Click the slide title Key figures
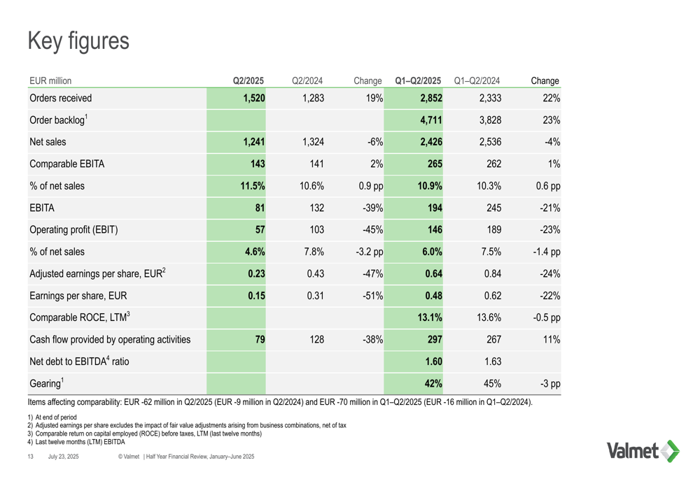click(78, 41)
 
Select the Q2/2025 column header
click(248, 80)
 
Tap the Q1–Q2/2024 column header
click(477, 80)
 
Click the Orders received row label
click(61, 98)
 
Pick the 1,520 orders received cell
click(254, 98)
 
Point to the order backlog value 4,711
click(430, 120)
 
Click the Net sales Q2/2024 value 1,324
click(313, 142)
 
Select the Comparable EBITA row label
click(67, 164)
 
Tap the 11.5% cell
click(253, 186)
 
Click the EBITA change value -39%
click(373, 208)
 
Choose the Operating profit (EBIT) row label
click(73, 229)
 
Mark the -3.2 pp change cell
click(370, 252)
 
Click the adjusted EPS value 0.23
click(257, 273)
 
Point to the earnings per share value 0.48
click(433, 296)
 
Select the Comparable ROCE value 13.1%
click(430, 317)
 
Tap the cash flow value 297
click(435, 339)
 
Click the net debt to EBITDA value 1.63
click(493, 362)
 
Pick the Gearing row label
click(46, 383)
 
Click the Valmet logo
click(643, 451)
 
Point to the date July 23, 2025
click(64, 456)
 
